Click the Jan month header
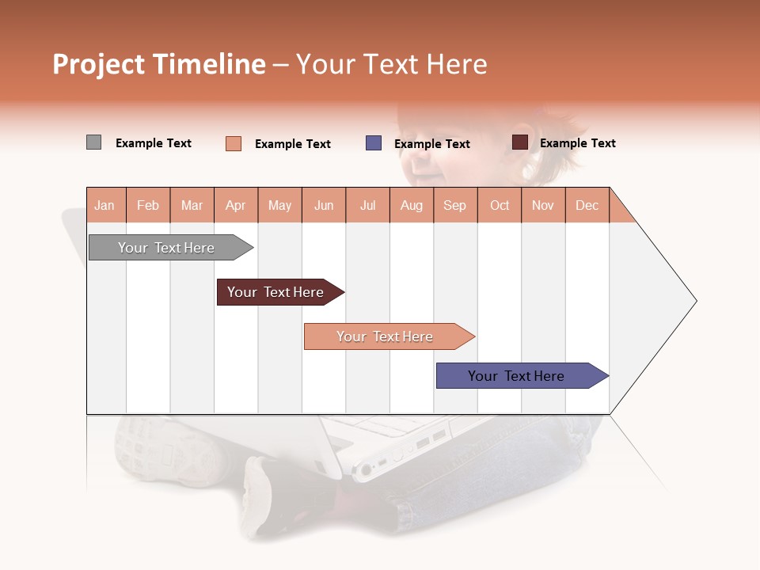[x=104, y=205]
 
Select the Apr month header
[x=235, y=205]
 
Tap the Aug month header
[x=411, y=205]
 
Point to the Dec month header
[x=587, y=205]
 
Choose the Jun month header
[x=324, y=205]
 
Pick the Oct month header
[x=500, y=205]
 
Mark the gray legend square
[x=93, y=142]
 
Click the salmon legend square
[x=234, y=143]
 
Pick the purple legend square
[x=374, y=143]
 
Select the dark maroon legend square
[x=519, y=142]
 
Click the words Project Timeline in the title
[x=159, y=64]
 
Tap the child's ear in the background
[x=522, y=139]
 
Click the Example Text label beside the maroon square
[x=577, y=143]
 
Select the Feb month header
[x=148, y=205]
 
